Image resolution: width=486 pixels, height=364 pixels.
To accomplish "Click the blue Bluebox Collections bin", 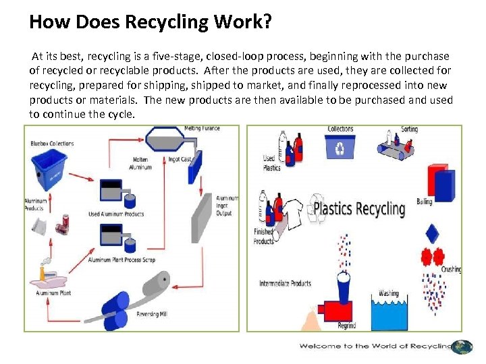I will (x=49, y=168).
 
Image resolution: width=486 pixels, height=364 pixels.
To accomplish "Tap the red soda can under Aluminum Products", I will (x=65, y=221).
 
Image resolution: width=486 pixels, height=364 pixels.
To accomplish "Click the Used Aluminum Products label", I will (x=116, y=214).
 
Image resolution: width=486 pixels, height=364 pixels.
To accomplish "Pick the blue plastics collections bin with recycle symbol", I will (x=340, y=148).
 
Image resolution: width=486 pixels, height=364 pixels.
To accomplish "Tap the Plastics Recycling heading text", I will (x=358, y=208).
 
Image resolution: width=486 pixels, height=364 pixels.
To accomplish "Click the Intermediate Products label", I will (x=286, y=283).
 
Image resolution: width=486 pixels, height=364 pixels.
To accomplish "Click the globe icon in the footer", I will (x=462, y=346).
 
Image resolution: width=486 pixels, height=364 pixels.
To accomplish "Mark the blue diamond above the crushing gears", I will (x=433, y=233).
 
